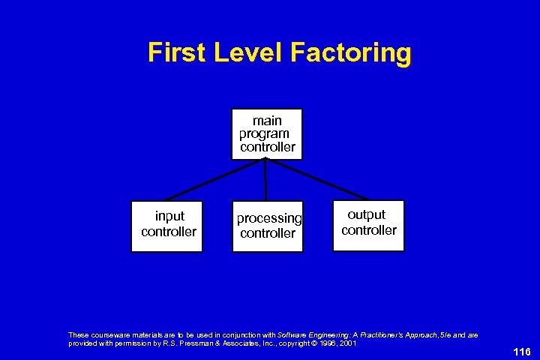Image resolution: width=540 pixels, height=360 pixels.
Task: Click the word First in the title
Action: (177, 53)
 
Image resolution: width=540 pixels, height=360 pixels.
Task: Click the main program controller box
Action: (268, 133)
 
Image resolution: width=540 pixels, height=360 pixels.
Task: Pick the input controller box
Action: (166, 226)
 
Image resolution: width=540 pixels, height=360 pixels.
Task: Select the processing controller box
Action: (268, 226)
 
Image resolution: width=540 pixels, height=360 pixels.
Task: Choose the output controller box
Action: (368, 224)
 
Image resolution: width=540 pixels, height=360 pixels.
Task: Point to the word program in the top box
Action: (264, 133)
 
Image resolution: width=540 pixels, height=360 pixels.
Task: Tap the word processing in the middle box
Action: (269, 218)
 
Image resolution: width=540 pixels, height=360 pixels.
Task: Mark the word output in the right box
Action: (367, 214)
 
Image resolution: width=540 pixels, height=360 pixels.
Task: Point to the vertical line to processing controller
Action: (266, 180)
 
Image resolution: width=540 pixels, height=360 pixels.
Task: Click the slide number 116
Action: (522, 352)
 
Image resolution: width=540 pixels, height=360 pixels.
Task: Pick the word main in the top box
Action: (268, 121)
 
